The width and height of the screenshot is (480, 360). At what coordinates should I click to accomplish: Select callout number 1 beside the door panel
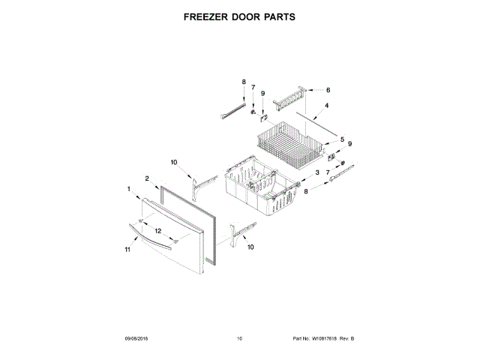click(129, 189)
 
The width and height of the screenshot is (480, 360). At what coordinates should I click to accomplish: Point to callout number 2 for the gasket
click(148, 178)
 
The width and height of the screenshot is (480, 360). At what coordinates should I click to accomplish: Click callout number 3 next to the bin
click(317, 172)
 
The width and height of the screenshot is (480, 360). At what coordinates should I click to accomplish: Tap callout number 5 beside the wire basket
click(342, 139)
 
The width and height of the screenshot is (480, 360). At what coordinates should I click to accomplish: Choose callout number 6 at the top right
click(327, 88)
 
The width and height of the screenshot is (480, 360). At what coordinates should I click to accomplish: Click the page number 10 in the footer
click(239, 339)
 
